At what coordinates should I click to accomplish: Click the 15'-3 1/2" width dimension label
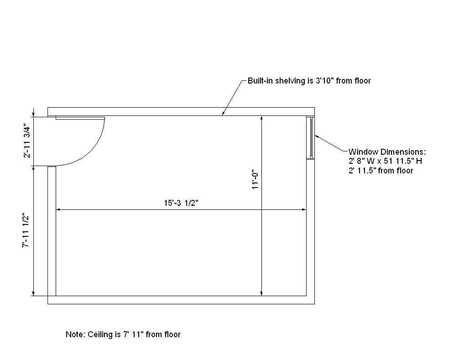(x=181, y=203)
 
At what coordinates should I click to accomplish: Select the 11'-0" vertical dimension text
(x=256, y=179)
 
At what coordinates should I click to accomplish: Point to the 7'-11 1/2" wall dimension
(x=26, y=230)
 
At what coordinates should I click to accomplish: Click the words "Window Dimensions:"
(x=387, y=152)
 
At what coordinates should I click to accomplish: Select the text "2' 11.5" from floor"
(x=381, y=171)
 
